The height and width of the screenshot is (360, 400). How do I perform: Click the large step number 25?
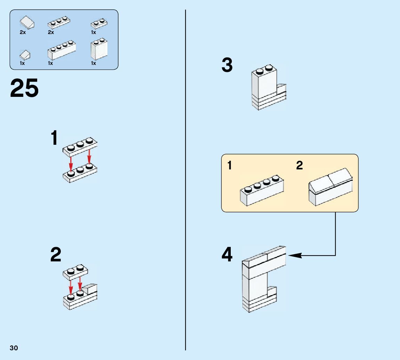[x=24, y=89]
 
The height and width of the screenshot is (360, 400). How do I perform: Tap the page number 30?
[x=14, y=348]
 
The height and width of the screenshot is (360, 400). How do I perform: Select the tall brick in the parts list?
[x=99, y=50]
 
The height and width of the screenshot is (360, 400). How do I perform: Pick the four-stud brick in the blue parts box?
[x=62, y=50]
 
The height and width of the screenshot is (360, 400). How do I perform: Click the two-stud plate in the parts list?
[x=99, y=23]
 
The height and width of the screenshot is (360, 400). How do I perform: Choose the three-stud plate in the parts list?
[x=57, y=23]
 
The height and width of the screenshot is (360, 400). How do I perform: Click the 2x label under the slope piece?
[x=23, y=32]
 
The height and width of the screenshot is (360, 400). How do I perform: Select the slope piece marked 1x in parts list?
[x=25, y=55]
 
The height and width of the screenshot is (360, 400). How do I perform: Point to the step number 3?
[x=227, y=65]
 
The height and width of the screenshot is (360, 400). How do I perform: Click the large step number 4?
[x=227, y=255]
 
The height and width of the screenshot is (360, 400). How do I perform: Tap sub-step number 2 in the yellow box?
[x=300, y=166]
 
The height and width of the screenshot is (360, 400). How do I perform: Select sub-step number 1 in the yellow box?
[x=230, y=166]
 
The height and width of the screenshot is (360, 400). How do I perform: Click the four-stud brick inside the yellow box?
[x=262, y=191]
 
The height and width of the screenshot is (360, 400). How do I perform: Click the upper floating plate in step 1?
[x=80, y=146]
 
